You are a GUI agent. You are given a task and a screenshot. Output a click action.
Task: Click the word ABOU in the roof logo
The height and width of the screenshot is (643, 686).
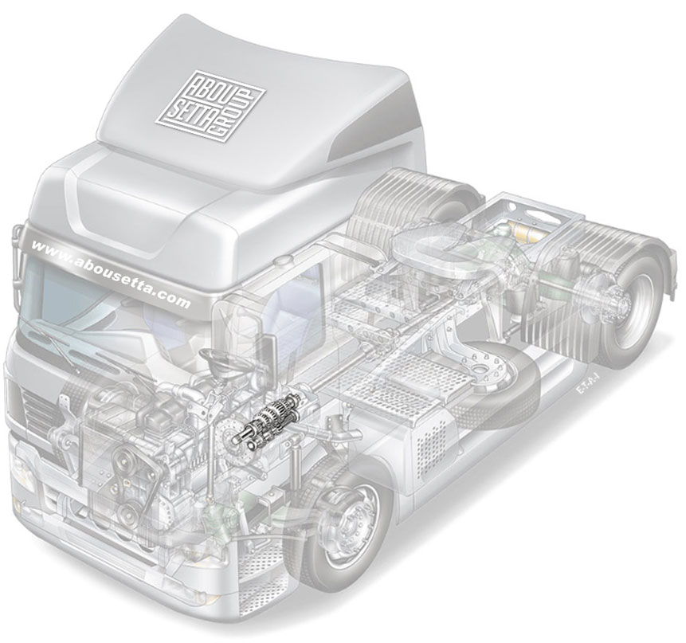coord(205,93)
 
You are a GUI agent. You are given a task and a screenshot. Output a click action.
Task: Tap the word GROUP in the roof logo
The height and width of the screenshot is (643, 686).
coord(234,116)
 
